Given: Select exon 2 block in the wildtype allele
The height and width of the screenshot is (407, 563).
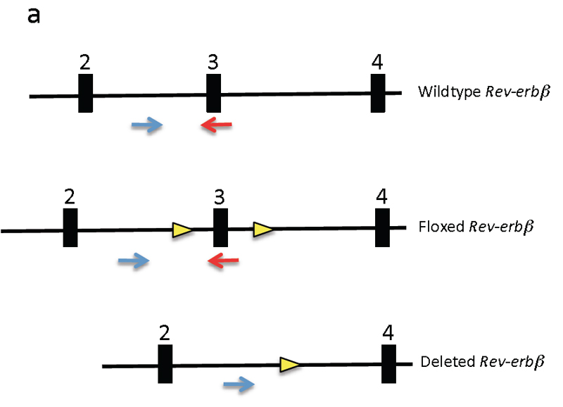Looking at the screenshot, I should pos(85,93).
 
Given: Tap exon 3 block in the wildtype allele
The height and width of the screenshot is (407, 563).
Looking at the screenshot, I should pos(213,93).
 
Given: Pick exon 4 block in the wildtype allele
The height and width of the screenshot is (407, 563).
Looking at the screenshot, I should pos(378,93).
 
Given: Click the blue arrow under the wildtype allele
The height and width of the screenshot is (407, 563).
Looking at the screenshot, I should pos(147,126).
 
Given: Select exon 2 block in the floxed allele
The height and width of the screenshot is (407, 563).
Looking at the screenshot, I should pos(70,228).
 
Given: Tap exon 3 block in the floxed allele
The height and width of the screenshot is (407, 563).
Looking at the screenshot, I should pos(220,227).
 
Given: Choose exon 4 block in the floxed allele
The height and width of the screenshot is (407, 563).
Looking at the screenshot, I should pos(382,227).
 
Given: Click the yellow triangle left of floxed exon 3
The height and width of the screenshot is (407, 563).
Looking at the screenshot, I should pos(182,229).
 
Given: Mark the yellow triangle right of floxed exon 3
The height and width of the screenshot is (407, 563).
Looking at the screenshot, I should pos(262,229).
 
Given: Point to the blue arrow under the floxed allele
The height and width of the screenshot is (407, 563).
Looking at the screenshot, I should pos(134,262).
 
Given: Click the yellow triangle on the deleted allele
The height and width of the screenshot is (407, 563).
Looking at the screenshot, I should pos(289,364).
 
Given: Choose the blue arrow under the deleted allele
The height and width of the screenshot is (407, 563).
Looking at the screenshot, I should pos(238,384).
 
